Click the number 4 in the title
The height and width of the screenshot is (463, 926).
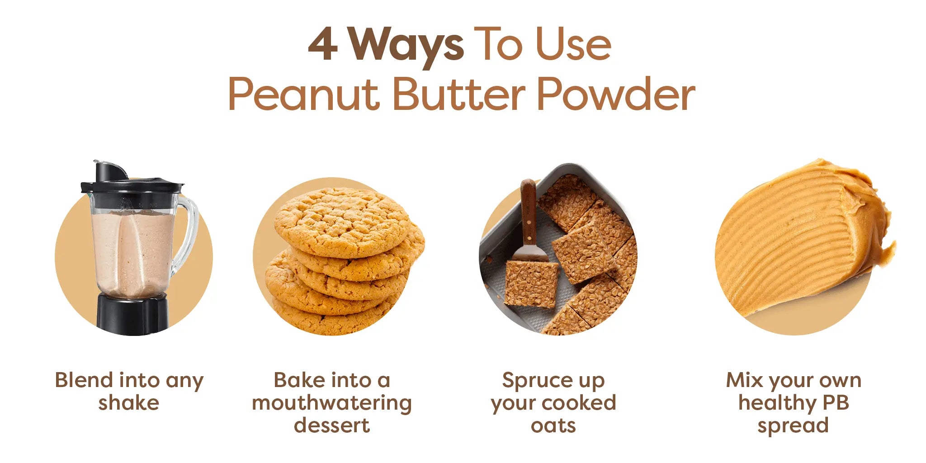(x=323, y=44)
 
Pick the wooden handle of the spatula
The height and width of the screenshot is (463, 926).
(x=528, y=211)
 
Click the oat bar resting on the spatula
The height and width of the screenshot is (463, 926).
(x=531, y=283)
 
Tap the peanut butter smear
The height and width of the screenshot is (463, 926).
(x=803, y=235)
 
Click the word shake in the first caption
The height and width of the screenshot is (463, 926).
(x=129, y=402)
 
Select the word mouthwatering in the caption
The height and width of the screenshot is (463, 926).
(x=332, y=403)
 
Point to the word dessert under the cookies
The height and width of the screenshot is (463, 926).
(x=332, y=425)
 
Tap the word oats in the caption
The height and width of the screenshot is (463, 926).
(x=553, y=425)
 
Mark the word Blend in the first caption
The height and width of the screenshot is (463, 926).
(x=84, y=380)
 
